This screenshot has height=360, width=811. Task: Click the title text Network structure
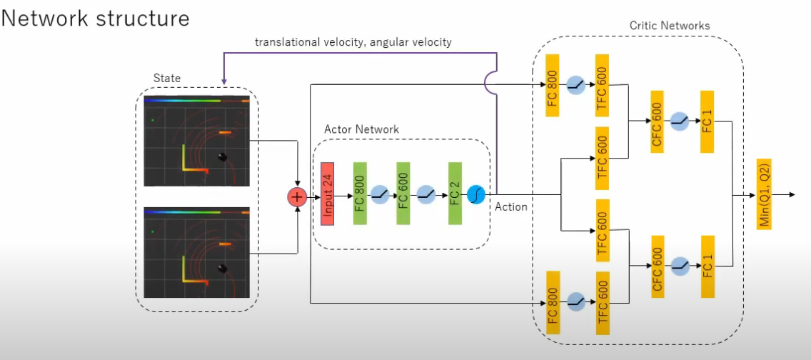point(96,18)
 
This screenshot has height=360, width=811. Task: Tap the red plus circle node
point(296,197)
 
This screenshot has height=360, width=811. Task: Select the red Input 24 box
point(328,194)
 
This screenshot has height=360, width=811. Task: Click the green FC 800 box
point(360,194)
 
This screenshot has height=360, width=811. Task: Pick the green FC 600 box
point(403,194)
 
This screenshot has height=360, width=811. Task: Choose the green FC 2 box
point(455,194)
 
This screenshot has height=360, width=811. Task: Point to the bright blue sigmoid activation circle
point(476,194)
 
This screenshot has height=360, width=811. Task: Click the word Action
point(511,207)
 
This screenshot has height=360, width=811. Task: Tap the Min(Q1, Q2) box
point(765,194)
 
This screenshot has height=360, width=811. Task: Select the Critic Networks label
point(670,26)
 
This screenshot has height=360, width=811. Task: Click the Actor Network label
point(361,129)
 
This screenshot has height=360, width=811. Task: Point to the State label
point(167,77)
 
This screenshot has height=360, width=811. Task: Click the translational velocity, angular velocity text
point(353,42)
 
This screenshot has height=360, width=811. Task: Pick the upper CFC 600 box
point(657,121)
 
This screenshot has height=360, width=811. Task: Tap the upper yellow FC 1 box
point(707,121)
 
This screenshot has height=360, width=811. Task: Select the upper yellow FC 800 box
point(553,86)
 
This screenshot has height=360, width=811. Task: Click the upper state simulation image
point(197,141)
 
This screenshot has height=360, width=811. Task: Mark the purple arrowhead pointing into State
point(224,83)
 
